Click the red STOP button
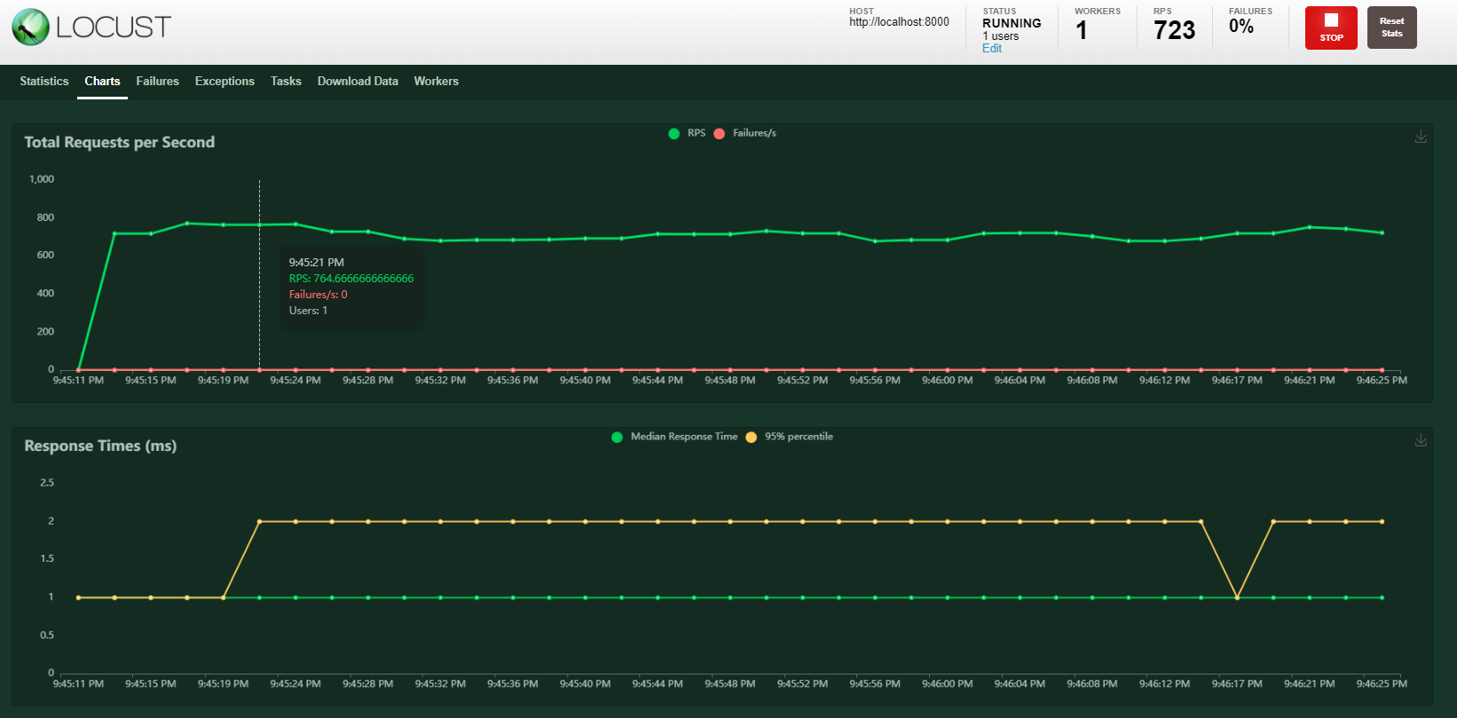click(x=1330, y=28)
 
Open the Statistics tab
click(x=44, y=81)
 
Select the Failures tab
click(x=157, y=81)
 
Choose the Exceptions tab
click(x=224, y=81)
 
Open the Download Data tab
click(x=358, y=81)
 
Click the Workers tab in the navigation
click(x=436, y=81)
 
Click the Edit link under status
click(x=991, y=49)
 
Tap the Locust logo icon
click(x=30, y=27)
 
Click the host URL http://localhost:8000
click(x=899, y=22)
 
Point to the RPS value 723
click(x=1174, y=30)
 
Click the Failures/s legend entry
click(x=753, y=133)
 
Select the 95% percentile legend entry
click(x=798, y=437)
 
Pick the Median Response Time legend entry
click(x=683, y=437)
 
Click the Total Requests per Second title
click(x=120, y=142)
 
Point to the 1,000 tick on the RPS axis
click(x=42, y=179)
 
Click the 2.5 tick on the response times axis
click(x=47, y=483)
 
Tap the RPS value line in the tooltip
click(x=351, y=279)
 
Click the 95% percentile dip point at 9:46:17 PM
click(x=1237, y=597)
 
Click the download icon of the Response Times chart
click(x=1421, y=440)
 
